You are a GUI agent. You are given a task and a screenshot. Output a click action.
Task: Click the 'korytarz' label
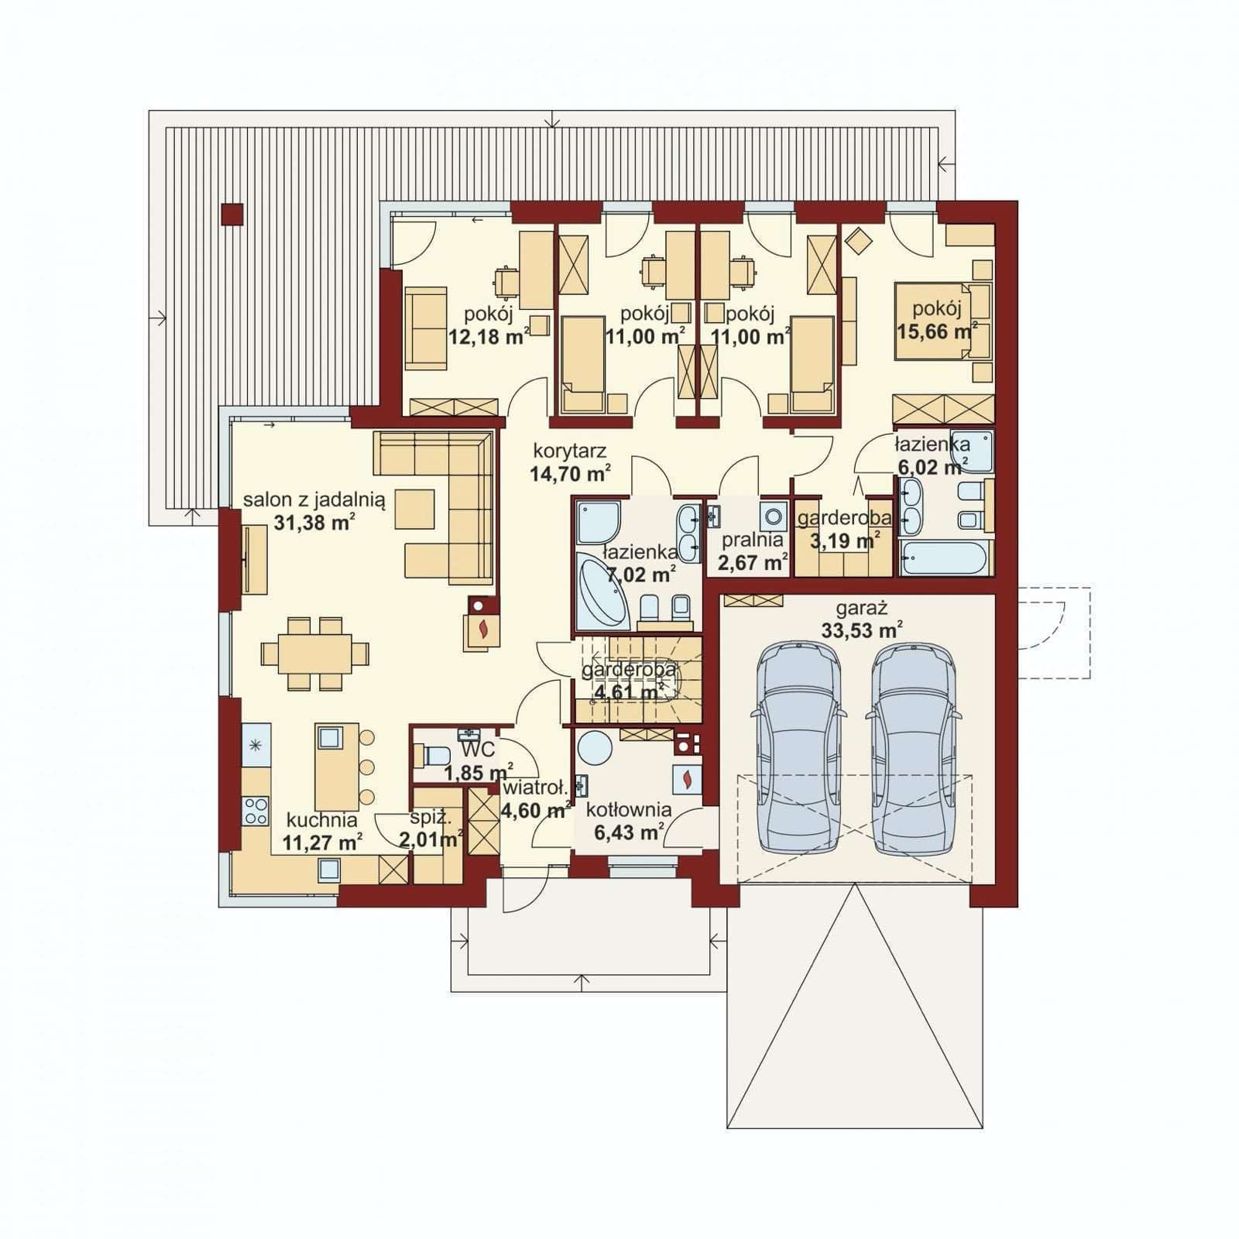(570, 451)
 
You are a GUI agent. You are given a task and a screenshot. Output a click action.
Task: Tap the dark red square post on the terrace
(232, 215)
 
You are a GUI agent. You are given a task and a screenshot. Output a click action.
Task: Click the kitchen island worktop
(338, 767)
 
